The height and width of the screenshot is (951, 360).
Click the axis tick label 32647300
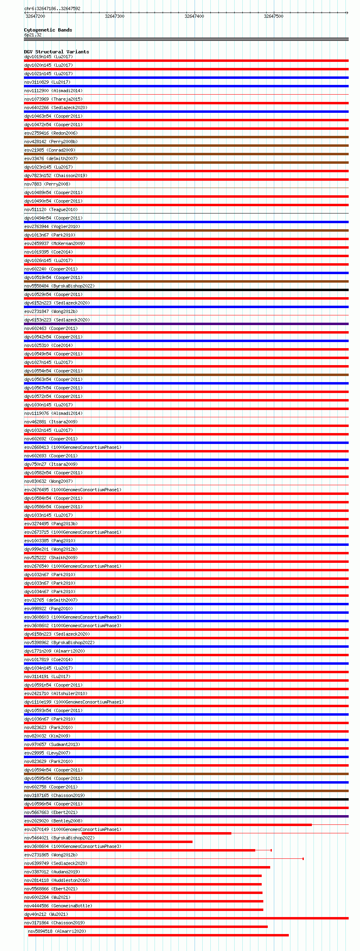114,16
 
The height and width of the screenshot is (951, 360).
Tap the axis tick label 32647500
273,16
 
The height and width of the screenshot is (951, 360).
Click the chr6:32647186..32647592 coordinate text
52,8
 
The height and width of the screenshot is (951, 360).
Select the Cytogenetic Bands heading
48,30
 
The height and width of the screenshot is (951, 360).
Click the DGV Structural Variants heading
56,52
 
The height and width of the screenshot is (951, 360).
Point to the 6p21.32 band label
33,35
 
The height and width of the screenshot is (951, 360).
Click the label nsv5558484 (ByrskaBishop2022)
59,286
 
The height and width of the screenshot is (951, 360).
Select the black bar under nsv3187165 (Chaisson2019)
186,799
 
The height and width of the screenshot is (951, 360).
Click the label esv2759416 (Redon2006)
51,133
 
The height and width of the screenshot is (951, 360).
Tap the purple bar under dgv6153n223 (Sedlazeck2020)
186,324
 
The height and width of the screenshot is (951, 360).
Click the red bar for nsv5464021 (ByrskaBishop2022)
108,842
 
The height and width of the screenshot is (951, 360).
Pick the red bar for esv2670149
156,833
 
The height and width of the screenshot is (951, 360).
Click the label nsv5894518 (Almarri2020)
57,931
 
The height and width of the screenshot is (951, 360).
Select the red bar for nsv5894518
158,935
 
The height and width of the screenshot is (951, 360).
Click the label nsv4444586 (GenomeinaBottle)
58,906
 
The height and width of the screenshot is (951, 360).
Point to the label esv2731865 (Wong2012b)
51,855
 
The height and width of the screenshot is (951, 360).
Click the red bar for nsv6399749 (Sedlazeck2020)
147,867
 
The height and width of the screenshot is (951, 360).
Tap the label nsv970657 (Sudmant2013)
52,744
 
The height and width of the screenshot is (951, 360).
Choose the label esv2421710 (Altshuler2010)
55,693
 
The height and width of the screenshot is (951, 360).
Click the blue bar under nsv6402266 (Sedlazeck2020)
186,112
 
